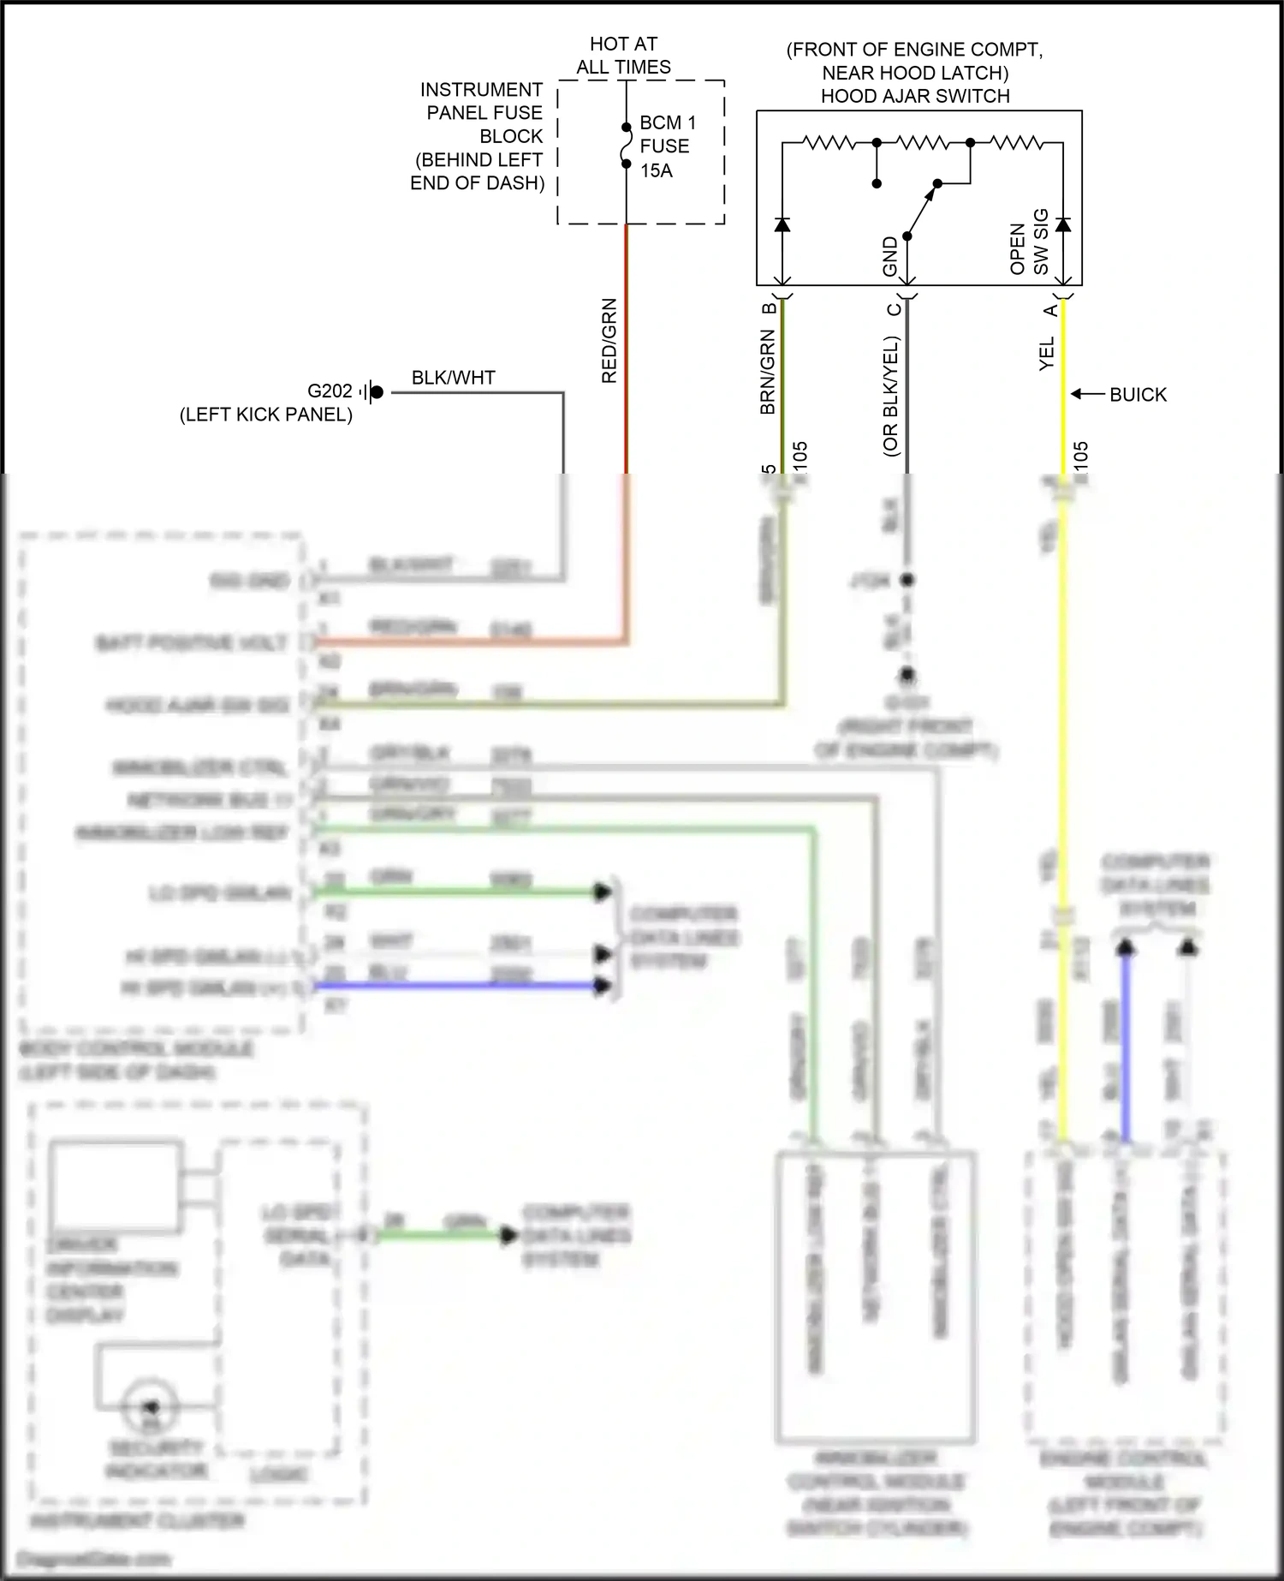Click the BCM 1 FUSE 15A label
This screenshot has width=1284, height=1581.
pos(667,146)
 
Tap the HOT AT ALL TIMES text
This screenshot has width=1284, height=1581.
pos(623,55)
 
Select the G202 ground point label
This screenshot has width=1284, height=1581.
pos(330,391)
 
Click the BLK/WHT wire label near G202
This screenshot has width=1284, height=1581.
pos(453,378)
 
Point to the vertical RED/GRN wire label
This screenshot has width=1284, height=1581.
pos(609,340)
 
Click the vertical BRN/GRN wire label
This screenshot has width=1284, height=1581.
pos(768,372)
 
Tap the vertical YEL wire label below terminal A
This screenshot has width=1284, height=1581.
pos(1046,353)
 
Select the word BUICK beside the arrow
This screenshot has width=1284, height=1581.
pos(1138,395)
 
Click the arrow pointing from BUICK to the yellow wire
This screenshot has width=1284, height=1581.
pos(1087,394)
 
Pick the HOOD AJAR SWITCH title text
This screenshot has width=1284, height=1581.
pos(914,96)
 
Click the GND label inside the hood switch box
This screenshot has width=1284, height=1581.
pos(889,256)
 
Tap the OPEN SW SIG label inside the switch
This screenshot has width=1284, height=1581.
pos(1029,242)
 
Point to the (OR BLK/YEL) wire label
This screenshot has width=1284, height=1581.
pos(890,396)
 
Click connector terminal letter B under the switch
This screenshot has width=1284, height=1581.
pos(769,307)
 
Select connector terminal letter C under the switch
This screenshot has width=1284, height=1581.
pos(893,309)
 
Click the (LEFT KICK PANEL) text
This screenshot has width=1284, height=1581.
pos(265,415)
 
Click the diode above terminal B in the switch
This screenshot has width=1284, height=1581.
pos(782,224)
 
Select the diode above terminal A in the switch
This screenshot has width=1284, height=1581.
pos(1062,224)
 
